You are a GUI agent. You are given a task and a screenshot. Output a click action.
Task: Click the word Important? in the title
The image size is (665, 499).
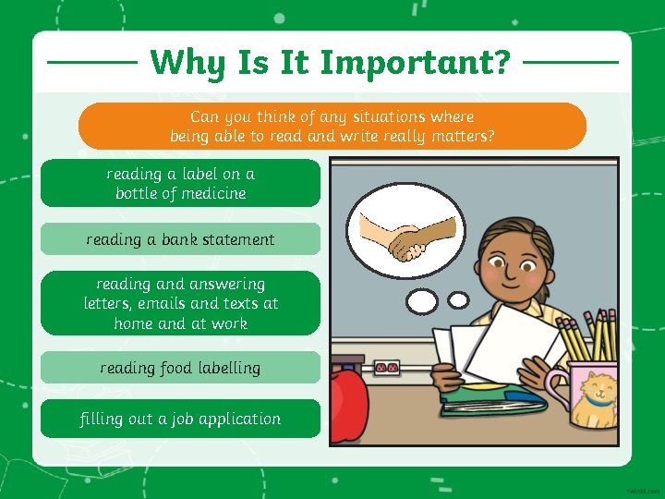point(429,62)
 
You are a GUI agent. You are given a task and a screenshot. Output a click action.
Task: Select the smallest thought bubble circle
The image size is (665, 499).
point(458,299)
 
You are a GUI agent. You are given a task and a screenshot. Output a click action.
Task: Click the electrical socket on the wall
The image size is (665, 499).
point(385,368)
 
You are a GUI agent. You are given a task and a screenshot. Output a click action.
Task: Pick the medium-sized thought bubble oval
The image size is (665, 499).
point(422,301)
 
